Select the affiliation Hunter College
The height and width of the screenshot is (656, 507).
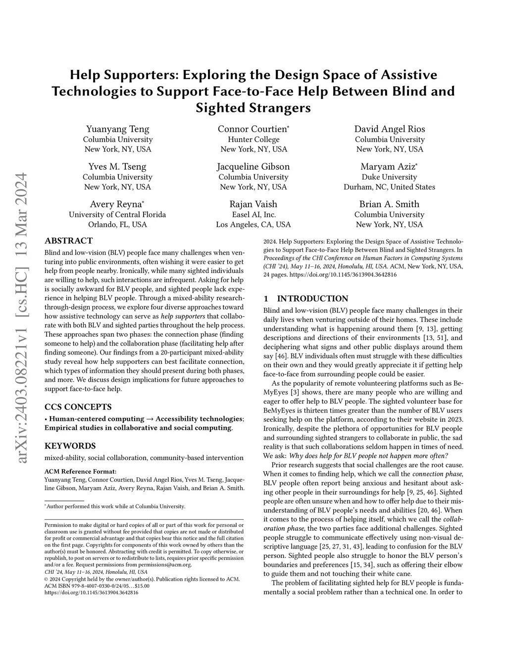coord(253,140)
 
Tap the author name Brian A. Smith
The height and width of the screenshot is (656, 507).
coord(389,204)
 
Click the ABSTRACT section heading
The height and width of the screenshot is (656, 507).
coord(68,241)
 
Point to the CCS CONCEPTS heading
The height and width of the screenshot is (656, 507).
coord(78,407)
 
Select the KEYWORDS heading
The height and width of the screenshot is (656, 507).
coord(70,446)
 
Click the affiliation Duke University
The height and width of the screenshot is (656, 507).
coord(389,177)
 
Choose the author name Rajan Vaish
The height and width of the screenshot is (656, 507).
coord(253,204)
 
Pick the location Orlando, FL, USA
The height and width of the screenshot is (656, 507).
coord(117,224)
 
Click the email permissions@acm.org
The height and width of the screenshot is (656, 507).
coord(166,564)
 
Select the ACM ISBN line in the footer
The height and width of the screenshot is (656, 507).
coord(97,586)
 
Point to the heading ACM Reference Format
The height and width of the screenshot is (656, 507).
coord(80,471)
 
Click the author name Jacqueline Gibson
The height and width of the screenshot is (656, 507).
coord(253,166)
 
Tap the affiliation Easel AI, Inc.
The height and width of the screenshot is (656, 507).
coord(253,214)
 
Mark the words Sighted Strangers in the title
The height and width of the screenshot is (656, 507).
coord(253,107)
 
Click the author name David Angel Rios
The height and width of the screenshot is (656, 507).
coord(389,129)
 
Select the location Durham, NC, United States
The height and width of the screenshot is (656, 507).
coord(389,187)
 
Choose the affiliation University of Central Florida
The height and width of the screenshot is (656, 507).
coord(117,214)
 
